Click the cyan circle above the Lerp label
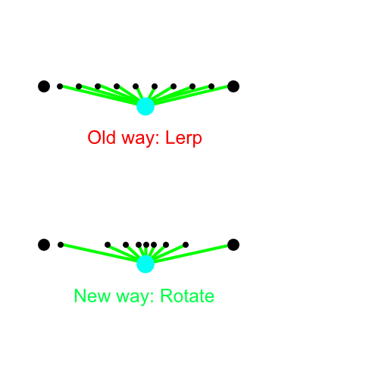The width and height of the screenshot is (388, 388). [145, 106]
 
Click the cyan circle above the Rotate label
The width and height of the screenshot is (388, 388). [145, 264]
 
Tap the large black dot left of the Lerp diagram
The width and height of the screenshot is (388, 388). [44, 86]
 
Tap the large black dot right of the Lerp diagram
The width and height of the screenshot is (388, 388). [233, 86]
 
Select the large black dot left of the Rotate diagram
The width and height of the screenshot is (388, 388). [44, 245]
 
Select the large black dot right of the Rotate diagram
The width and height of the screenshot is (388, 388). [233, 245]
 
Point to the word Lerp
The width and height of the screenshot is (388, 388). [183, 139]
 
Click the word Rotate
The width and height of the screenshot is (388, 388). [187, 296]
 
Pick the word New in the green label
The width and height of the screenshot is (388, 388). [92, 296]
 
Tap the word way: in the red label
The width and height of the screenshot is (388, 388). [141, 139]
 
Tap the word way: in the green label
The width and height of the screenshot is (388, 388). [135, 297]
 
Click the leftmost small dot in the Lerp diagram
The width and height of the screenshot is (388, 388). [60, 86]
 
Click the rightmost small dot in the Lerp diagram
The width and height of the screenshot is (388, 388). [211, 86]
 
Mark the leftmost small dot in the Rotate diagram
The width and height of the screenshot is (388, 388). [61, 245]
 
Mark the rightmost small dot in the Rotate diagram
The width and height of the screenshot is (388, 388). [186, 245]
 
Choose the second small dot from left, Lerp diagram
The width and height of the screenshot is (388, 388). [79, 86]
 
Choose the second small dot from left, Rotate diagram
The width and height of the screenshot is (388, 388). [108, 245]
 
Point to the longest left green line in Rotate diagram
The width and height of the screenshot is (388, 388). [100, 253]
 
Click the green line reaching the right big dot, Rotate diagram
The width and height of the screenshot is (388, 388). [191, 253]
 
